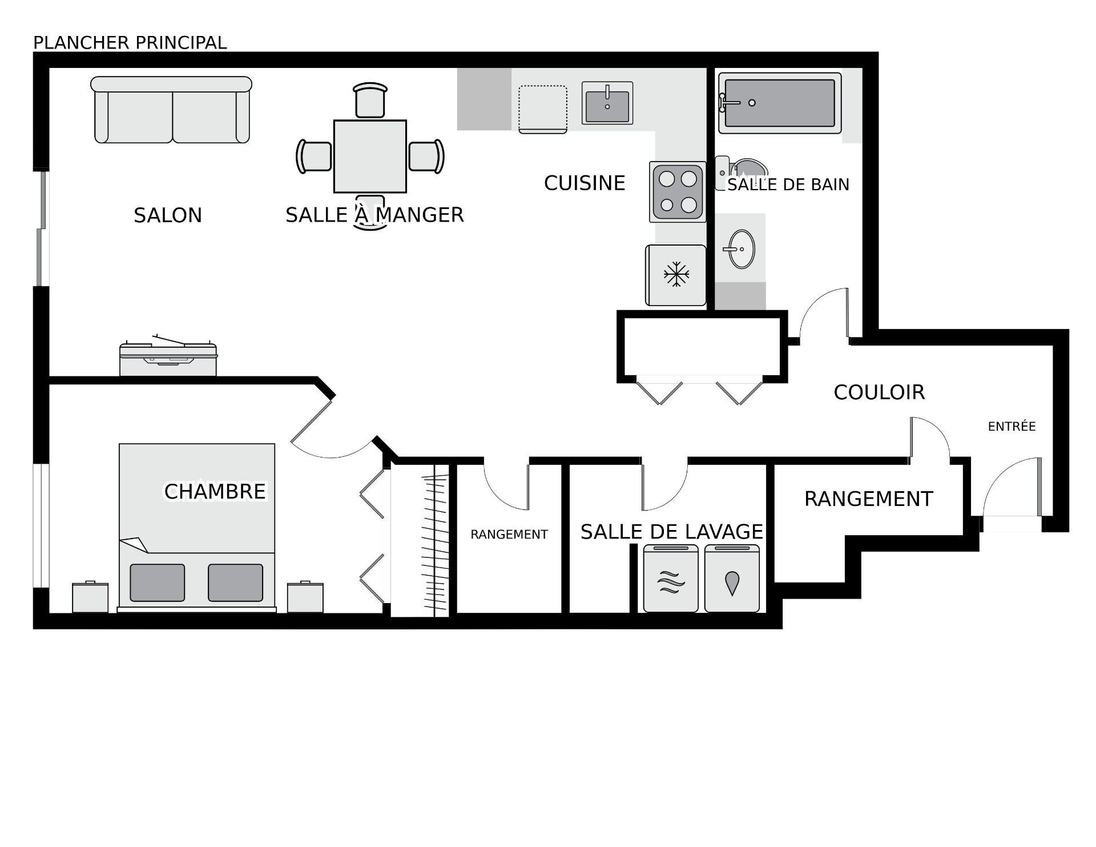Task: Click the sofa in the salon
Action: (x=171, y=109)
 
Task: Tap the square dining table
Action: (x=370, y=156)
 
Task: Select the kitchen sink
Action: (x=607, y=103)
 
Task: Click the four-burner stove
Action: (x=678, y=192)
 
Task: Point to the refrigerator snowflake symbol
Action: (x=676, y=274)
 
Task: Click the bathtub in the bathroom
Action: (x=780, y=103)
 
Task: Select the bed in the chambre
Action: (x=197, y=527)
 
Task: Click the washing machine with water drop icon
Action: (x=732, y=578)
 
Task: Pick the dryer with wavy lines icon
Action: (x=671, y=578)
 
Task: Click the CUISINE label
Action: (x=585, y=183)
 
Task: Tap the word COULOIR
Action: (x=879, y=392)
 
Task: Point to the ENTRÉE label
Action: (x=1012, y=426)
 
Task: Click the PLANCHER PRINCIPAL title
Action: (x=130, y=43)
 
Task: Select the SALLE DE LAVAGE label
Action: (x=672, y=532)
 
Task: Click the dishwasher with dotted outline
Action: (x=543, y=109)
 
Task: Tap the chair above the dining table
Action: (x=370, y=101)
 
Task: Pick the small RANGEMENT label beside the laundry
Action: (x=509, y=535)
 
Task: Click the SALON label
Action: (x=168, y=215)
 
